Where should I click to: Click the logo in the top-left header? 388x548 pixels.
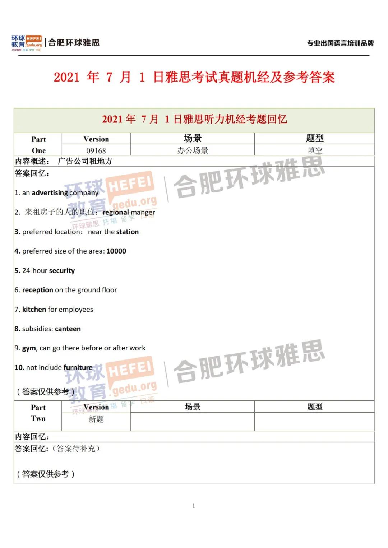point(27,43)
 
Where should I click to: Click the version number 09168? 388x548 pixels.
point(96,150)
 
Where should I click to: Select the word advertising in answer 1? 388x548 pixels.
point(50,193)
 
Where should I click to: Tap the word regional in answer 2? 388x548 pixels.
point(116,212)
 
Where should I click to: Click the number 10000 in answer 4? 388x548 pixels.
point(116,251)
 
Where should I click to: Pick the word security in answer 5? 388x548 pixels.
point(62,271)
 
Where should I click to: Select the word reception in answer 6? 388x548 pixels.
point(38,290)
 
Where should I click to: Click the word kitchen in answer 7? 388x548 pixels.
point(34,310)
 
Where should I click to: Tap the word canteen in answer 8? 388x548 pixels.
point(68,329)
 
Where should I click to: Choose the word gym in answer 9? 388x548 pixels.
point(29,348)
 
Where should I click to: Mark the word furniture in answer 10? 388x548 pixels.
point(78,368)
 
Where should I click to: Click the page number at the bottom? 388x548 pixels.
point(194,506)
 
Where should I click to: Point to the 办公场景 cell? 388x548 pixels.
point(193,150)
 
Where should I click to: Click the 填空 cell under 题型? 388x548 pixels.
point(315,150)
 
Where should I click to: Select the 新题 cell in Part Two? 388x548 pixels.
point(96,419)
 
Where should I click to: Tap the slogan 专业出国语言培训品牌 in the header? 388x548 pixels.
point(340,43)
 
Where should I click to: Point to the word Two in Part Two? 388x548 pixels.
point(38,418)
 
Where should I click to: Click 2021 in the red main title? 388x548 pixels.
point(66,77)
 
